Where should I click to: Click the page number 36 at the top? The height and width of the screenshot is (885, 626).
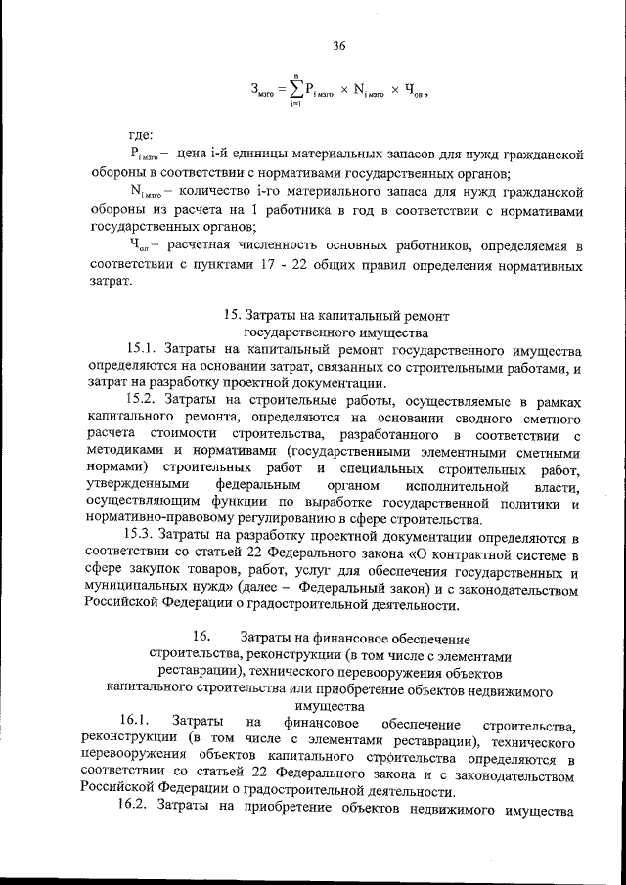[x=339, y=46]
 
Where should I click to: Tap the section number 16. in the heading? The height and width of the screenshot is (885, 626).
[x=201, y=637]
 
